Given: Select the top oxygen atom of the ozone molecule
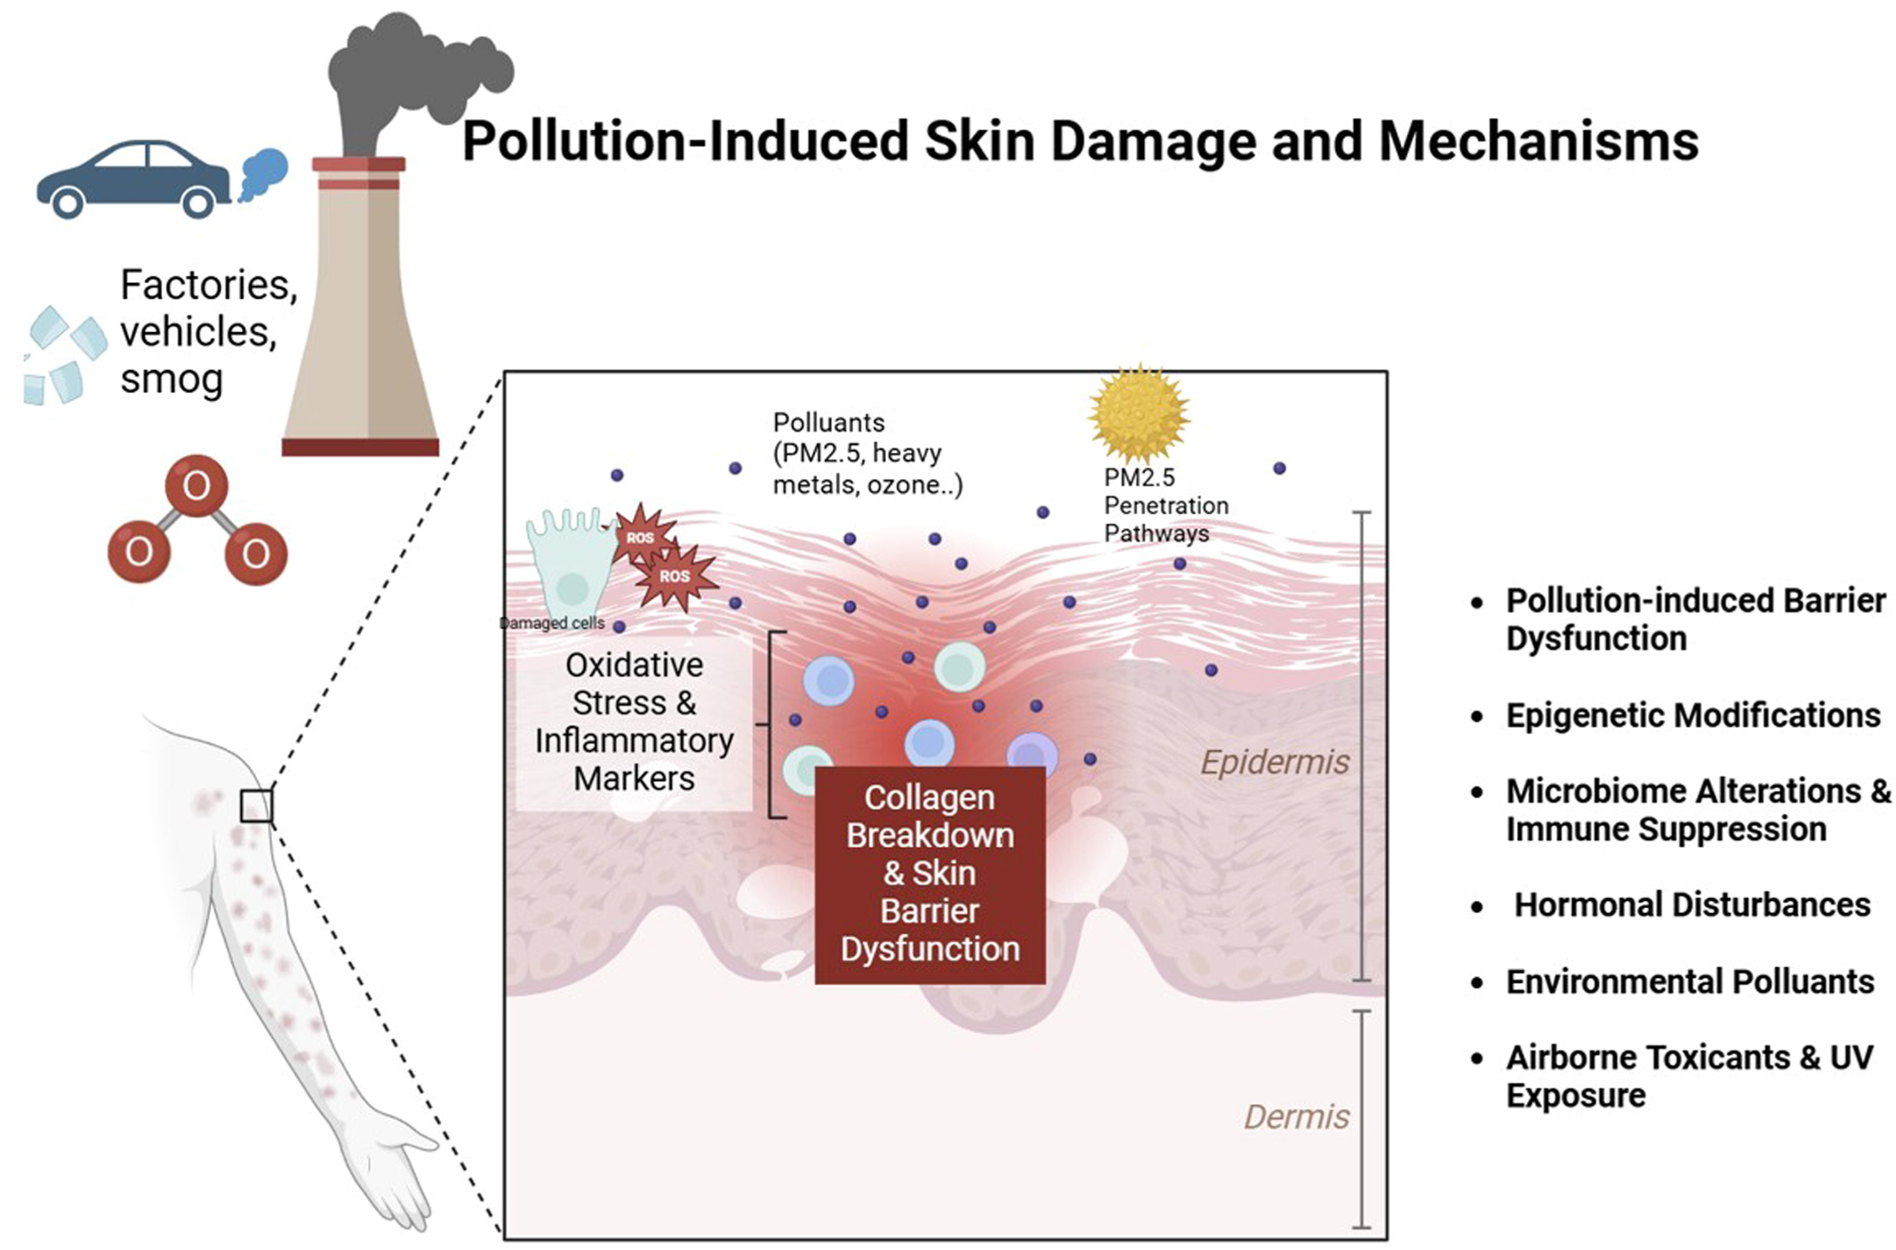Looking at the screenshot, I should pyautogui.click(x=196, y=486).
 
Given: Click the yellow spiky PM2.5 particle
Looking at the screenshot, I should pyautogui.click(x=1139, y=414).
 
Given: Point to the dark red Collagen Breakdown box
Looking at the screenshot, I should pyautogui.click(x=930, y=874).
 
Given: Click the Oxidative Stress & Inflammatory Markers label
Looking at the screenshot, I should pyautogui.click(x=634, y=722).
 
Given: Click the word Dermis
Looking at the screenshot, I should pyautogui.click(x=1297, y=1117).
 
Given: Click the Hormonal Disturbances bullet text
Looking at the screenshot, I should pyautogui.click(x=1691, y=905).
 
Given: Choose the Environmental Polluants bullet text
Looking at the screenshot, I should pyautogui.click(x=1689, y=981).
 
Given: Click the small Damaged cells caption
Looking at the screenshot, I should pyautogui.click(x=553, y=623).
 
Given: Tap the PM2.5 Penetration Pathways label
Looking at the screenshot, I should pyautogui.click(x=1165, y=506).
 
